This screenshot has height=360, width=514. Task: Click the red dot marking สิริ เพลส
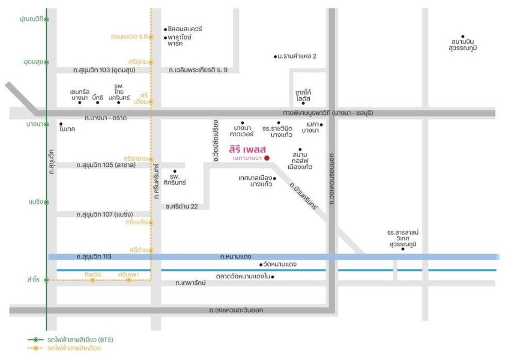pyautogui.click(x=267, y=158)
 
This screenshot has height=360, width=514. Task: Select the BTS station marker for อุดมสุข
pyautogui.click(x=47, y=62)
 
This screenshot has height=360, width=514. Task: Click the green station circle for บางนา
pyautogui.click(x=47, y=124)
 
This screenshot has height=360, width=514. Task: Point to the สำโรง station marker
pyautogui.click(x=47, y=279)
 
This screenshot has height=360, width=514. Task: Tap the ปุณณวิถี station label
pyautogui.click(x=31, y=19)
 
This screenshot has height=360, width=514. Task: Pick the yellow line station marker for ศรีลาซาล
pyautogui.click(x=151, y=159)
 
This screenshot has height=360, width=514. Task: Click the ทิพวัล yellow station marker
pyautogui.click(x=93, y=280)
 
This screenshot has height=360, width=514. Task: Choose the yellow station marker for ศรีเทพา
pyautogui.click(x=128, y=280)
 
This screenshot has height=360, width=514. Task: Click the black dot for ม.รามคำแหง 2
pyautogui.click(x=275, y=57)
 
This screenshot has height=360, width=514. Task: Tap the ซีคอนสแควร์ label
pyautogui.click(x=185, y=29)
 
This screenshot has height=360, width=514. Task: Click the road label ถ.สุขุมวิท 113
pyautogui.click(x=94, y=257)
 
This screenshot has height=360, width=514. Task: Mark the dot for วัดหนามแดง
pyautogui.click(x=261, y=264)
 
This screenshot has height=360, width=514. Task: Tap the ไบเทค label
pyautogui.click(x=68, y=129)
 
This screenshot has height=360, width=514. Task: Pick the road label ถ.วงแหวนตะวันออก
pyautogui.click(x=236, y=310)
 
